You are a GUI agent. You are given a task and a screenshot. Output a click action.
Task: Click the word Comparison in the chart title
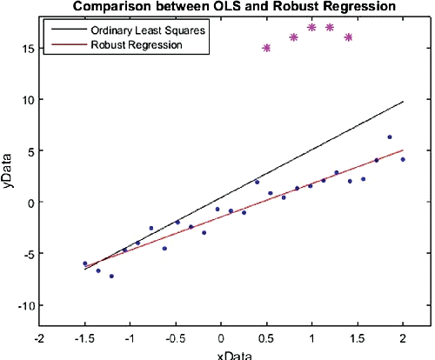tap(111, 7)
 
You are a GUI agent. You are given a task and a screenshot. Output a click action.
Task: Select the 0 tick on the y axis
tap(30, 203)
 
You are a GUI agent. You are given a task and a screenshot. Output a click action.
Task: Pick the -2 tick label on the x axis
tap(38, 338)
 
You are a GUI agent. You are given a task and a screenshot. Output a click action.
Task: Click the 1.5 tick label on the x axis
tap(358, 338)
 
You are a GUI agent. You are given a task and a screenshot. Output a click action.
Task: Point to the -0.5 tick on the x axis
tap(174, 338)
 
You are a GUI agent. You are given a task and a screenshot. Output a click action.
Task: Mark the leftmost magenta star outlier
tap(266, 48)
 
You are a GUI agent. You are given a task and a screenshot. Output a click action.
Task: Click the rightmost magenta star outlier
tap(349, 37)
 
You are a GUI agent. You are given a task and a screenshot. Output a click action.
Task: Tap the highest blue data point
tap(390, 137)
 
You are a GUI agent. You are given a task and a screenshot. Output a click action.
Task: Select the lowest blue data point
tap(111, 277)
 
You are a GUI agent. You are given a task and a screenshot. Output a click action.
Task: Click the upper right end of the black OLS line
tap(403, 102)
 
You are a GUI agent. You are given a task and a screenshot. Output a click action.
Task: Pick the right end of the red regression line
tap(403, 150)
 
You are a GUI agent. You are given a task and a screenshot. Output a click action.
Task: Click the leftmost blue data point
tap(84, 263)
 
